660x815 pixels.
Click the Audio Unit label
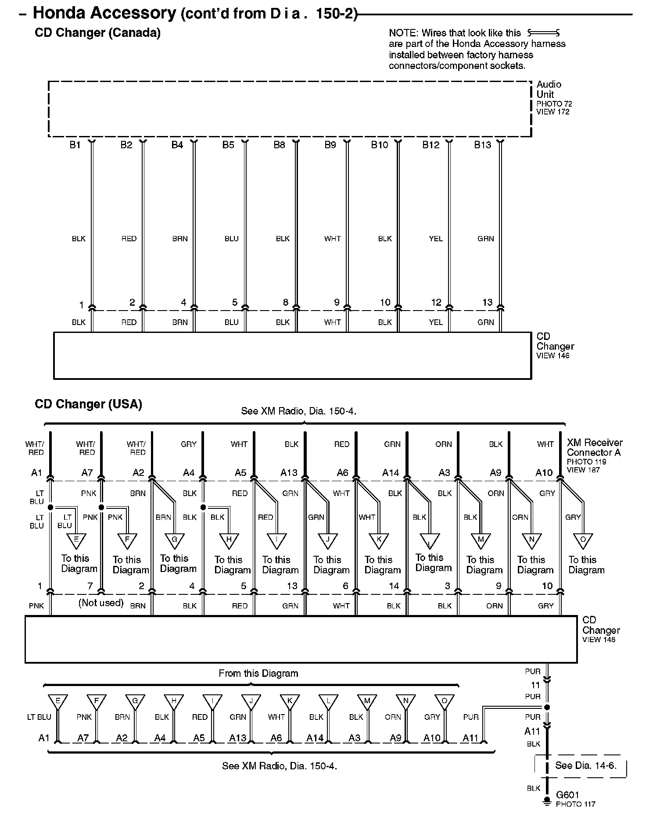[549, 89]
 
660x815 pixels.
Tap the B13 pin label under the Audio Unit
[482, 145]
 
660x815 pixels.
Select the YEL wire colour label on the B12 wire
[436, 239]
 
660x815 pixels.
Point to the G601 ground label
[567, 794]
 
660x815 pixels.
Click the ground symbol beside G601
[547, 801]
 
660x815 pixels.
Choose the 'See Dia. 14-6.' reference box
[585, 765]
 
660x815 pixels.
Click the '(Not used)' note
[101, 603]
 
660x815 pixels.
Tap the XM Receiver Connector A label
[594, 447]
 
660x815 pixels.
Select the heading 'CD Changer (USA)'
[88, 404]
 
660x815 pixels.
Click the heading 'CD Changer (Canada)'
[97, 33]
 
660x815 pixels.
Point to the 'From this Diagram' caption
[258, 673]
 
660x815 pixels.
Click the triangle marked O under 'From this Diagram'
[444, 702]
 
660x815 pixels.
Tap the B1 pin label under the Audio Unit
[75, 145]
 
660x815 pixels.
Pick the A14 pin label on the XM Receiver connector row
[390, 472]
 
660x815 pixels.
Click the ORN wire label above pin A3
[443, 444]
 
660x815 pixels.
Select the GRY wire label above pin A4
[189, 444]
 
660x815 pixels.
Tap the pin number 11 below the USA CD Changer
[535, 685]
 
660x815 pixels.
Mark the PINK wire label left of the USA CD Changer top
[36, 606]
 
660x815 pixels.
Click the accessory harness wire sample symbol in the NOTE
[543, 33]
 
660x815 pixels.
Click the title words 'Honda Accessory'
[104, 13]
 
